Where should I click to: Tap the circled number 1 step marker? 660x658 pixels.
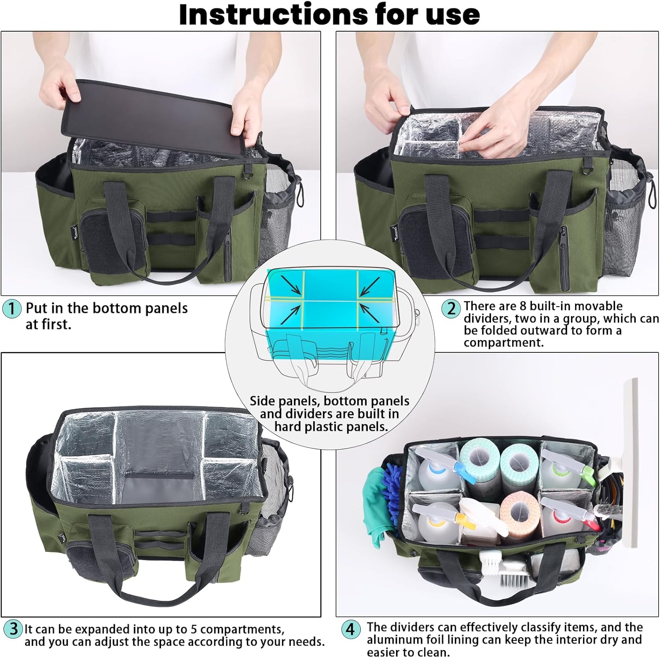[12, 308]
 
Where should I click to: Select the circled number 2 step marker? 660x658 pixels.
[451, 308]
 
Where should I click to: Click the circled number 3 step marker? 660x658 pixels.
[13, 628]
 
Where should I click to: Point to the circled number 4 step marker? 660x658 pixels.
[350, 629]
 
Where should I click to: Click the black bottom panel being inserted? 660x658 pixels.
[154, 117]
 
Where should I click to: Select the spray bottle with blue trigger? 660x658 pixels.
[440, 469]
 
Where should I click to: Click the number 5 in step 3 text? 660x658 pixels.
[194, 629]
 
